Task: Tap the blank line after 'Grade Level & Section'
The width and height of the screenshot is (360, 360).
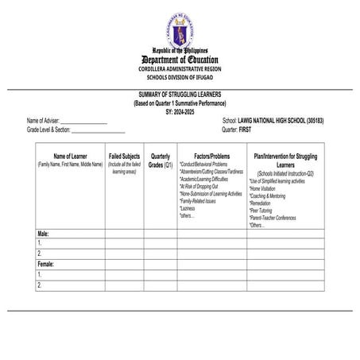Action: [x=99, y=128]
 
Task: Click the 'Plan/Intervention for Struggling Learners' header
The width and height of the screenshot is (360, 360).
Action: [x=287, y=161]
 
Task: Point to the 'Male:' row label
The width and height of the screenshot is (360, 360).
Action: [x=45, y=234]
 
